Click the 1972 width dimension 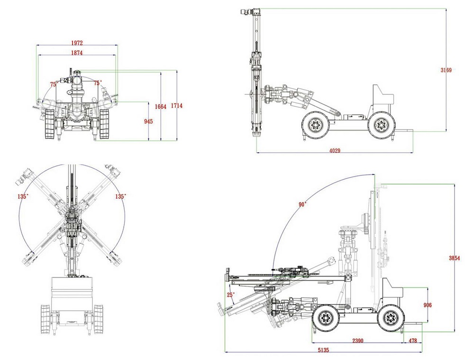[77, 43]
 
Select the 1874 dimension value [77, 53]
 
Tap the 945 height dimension [148, 121]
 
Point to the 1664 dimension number [161, 107]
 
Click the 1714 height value [177, 106]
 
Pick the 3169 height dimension [446, 70]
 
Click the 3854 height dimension [455, 258]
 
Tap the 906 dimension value [428, 305]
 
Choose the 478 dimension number [413, 341]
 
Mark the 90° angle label [302, 204]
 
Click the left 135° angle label [23, 196]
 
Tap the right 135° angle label [120, 196]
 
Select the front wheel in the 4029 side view [315, 126]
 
